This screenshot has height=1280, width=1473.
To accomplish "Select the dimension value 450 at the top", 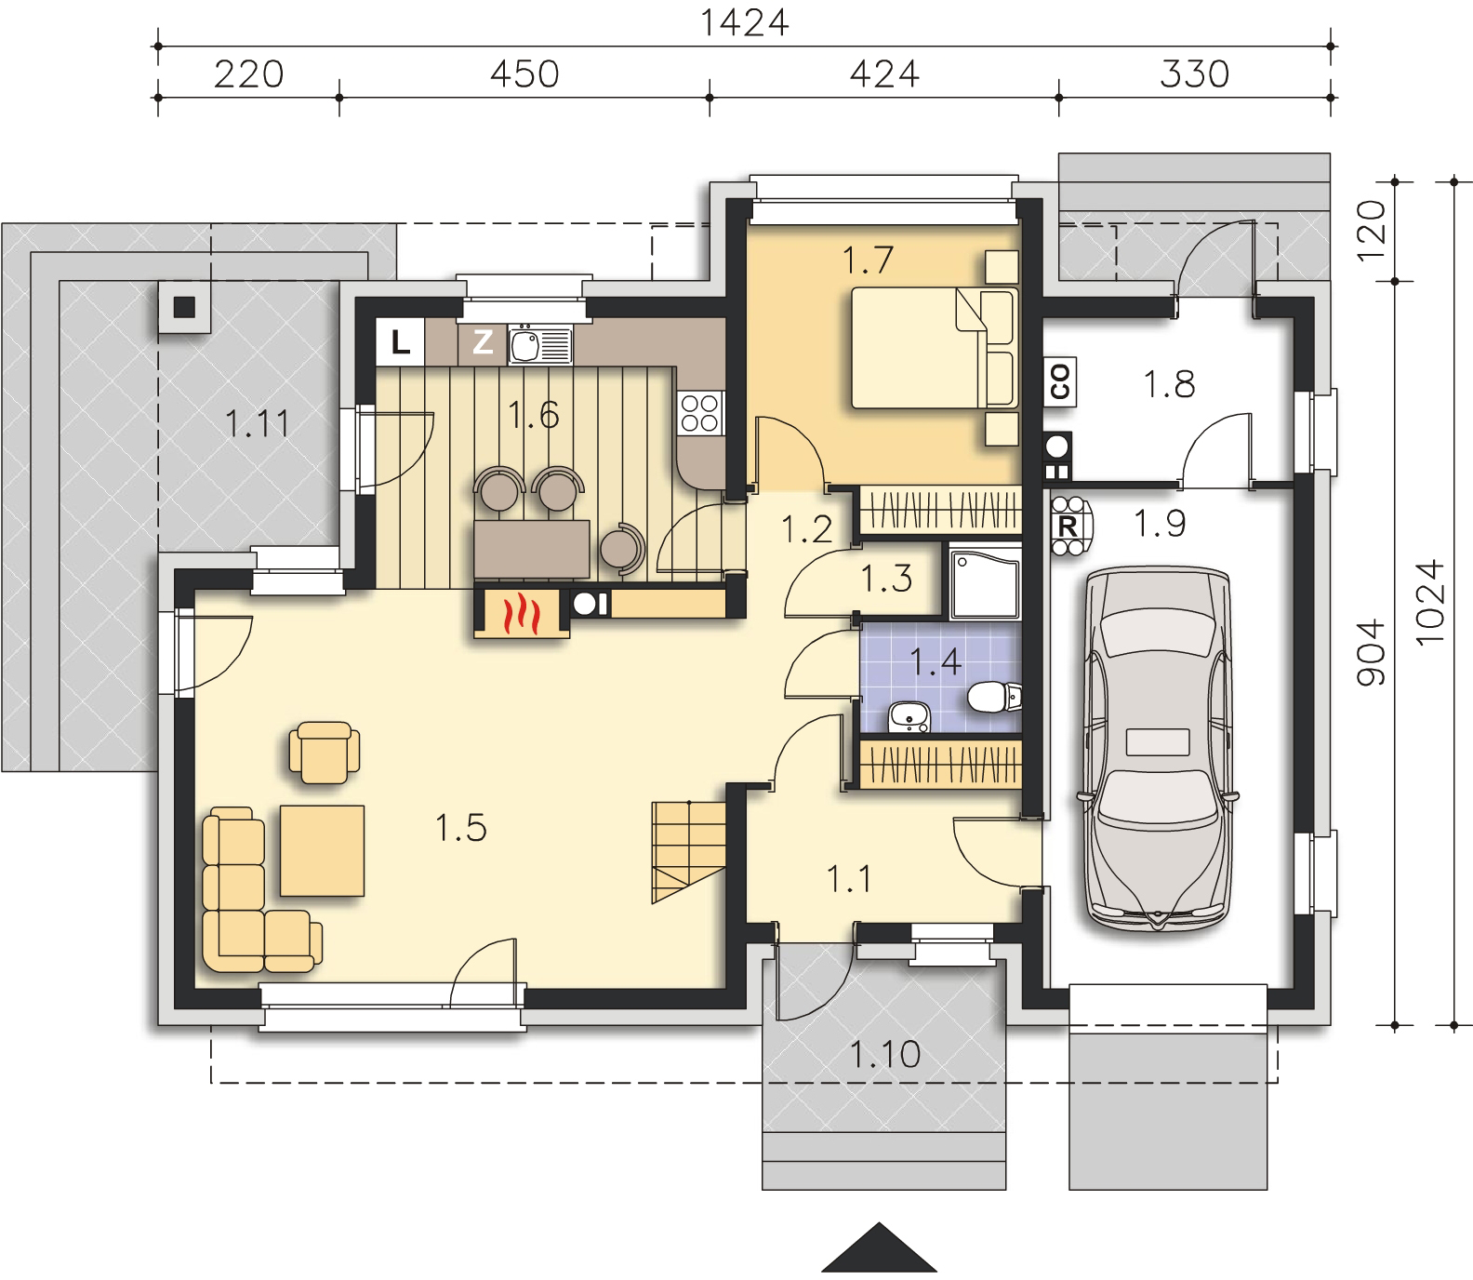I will [x=524, y=73].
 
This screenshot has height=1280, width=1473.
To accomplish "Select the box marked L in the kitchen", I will [x=400, y=343].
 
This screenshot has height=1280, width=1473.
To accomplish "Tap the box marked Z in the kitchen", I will [x=483, y=343].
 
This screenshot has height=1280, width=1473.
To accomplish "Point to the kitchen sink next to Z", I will [x=539, y=345].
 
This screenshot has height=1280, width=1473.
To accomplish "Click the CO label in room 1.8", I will [x=1060, y=382].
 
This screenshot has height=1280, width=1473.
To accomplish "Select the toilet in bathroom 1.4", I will [x=991, y=697].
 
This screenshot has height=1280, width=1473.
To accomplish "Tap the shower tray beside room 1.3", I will [x=984, y=583].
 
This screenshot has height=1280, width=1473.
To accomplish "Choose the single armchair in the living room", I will [x=325, y=752].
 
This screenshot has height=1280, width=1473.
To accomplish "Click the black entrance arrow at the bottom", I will [x=879, y=1247].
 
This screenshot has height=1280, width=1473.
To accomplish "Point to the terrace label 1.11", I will [x=258, y=424].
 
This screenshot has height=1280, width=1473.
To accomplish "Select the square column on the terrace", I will [x=184, y=306].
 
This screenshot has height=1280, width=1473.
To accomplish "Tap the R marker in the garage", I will [x=1068, y=526].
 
